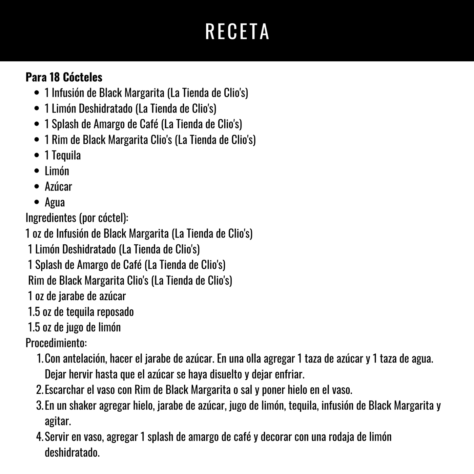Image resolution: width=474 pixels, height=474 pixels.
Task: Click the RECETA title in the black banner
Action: pyautogui.click(x=237, y=32)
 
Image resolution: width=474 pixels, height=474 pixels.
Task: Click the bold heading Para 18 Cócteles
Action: pyautogui.click(x=64, y=77)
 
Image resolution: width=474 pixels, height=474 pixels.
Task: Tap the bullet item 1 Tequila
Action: pyautogui.click(x=63, y=155)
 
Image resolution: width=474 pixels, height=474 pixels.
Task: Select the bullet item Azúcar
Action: pyautogui.click(x=58, y=186)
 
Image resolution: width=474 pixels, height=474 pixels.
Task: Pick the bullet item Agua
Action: pyautogui.click(x=55, y=202)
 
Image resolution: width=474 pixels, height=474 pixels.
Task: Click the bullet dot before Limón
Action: pyautogui.click(x=37, y=171)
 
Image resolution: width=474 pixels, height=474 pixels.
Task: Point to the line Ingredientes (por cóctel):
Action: pyautogui.click(x=77, y=218)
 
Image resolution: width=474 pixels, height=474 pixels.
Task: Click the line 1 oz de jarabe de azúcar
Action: pyautogui.click(x=77, y=296)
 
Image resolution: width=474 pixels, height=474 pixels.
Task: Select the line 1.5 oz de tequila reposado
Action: pyautogui.click(x=81, y=312)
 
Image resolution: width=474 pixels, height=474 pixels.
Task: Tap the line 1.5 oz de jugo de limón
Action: pyautogui.click(x=74, y=327)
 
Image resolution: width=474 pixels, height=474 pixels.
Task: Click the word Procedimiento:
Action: pyautogui.click(x=56, y=343)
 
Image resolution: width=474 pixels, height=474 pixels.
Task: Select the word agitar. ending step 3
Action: pyautogui.click(x=58, y=421)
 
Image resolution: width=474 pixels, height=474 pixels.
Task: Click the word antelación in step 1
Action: pyautogui.click(x=84, y=359)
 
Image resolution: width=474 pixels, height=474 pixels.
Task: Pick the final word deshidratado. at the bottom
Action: pyautogui.click(x=72, y=453)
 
